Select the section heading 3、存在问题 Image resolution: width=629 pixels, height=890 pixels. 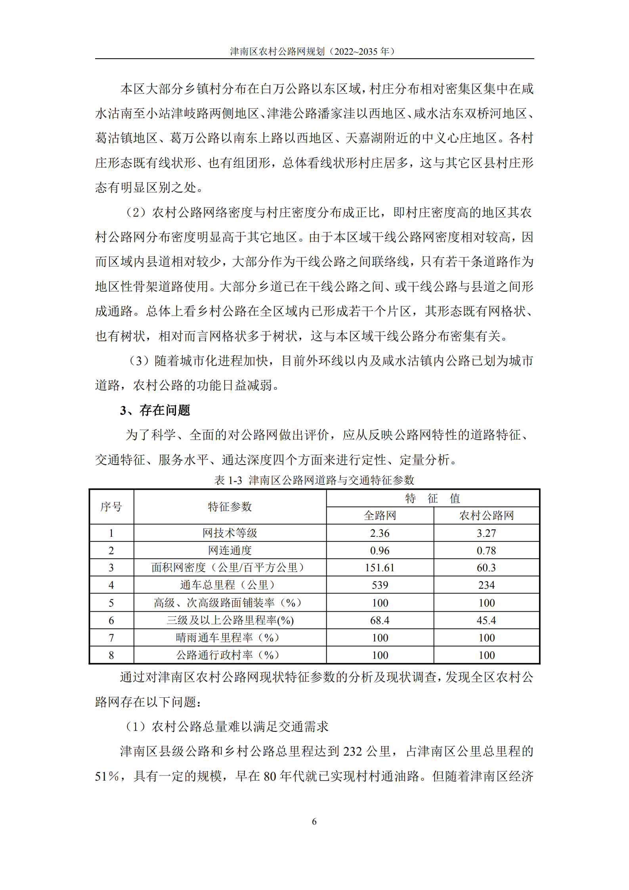(x=155, y=410)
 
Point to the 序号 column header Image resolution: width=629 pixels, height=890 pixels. (x=111, y=507)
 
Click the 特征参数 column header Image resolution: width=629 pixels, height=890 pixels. (x=230, y=507)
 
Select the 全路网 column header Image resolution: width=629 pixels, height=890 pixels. (x=380, y=515)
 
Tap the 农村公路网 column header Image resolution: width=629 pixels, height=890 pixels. (x=486, y=515)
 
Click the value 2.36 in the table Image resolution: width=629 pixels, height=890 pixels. (x=380, y=533)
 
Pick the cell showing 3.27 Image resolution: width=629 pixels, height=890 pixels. (x=486, y=533)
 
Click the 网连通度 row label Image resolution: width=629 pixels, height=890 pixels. (x=230, y=550)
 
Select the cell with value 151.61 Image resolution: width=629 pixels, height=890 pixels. (x=380, y=568)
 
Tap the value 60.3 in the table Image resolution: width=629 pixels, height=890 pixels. (x=486, y=568)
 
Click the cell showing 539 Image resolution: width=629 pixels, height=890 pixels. (x=380, y=585)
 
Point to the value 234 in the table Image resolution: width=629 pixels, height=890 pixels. (x=486, y=585)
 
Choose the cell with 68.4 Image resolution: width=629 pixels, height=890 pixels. (x=380, y=620)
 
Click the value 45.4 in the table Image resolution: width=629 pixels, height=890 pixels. (x=486, y=620)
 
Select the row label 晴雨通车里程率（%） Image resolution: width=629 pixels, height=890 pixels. (x=228, y=637)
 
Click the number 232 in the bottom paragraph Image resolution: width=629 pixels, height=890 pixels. (x=352, y=751)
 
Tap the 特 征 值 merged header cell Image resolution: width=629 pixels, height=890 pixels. (x=432, y=498)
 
